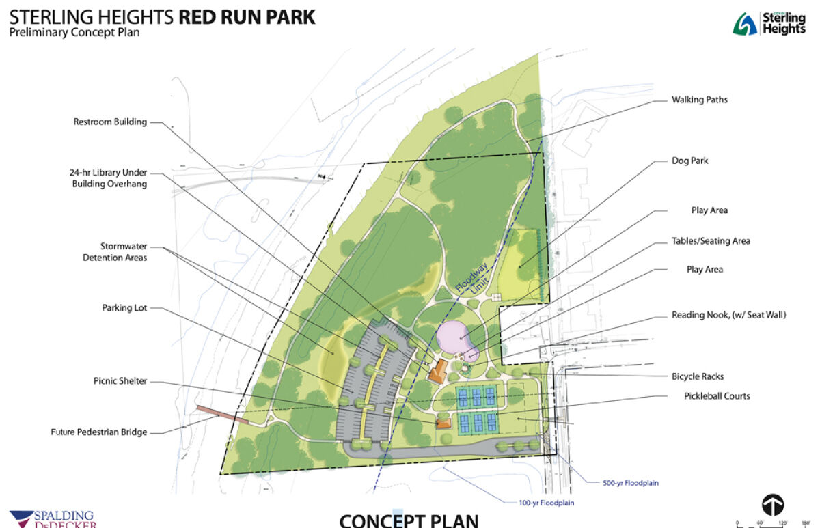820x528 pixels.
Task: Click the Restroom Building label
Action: [110, 122]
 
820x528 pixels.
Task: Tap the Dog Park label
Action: [689, 161]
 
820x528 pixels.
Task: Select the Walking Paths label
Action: [699, 100]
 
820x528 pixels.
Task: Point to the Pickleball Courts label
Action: [717, 396]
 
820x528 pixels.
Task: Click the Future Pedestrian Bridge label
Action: [98, 432]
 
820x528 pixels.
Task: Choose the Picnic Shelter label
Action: [120, 381]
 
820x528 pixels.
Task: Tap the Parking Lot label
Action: [124, 308]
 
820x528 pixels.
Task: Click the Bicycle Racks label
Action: [698, 376]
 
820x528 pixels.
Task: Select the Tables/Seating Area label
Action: [711, 241]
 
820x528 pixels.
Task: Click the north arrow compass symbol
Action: [773, 505]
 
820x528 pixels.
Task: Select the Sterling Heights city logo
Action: [769, 24]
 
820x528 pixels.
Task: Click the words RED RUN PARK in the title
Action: [247, 16]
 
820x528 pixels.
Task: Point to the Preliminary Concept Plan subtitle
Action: [74, 33]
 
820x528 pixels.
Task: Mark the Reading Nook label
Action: [728, 315]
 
